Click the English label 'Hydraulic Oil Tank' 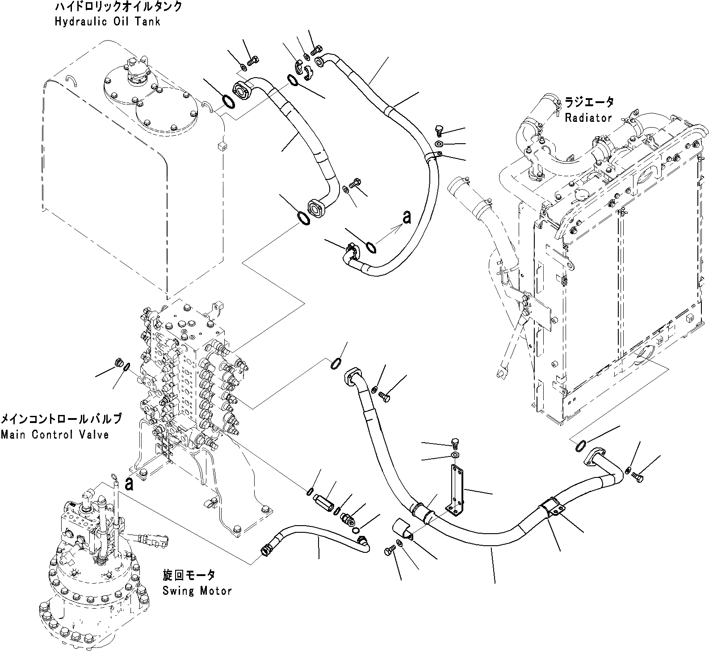[x=107, y=21]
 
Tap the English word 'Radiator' [x=588, y=118]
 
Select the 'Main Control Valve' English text [x=55, y=434]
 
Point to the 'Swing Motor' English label [x=197, y=591]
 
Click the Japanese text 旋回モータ [x=189, y=575]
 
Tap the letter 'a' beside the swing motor [x=130, y=484]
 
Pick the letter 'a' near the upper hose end [x=407, y=217]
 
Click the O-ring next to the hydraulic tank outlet [x=227, y=102]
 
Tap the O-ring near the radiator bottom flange [x=580, y=445]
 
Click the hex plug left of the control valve [x=119, y=363]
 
